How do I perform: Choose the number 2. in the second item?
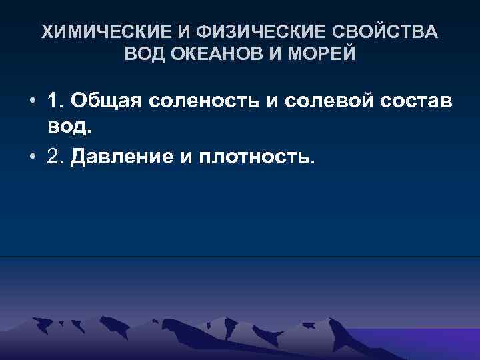coord(56,158)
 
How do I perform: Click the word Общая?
coord(107,101)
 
